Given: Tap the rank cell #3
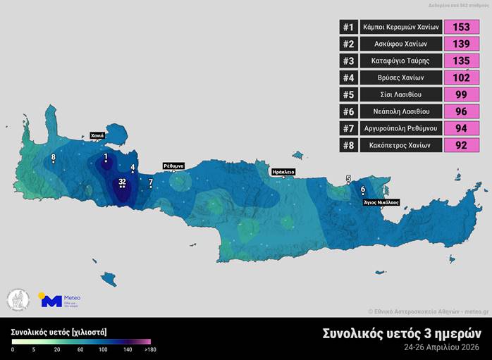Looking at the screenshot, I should (348, 61).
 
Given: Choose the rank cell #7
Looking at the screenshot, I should (348, 128).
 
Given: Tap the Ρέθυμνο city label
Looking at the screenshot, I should (173, 166).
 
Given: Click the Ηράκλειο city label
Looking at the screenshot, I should (283, 171).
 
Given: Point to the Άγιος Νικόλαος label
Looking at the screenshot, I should (381, 201).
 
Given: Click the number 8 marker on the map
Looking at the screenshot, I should (54, 157).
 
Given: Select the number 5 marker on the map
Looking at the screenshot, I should (348, 179).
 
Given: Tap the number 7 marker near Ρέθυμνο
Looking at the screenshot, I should (150, 182).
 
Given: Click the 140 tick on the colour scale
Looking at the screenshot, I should (128, 349).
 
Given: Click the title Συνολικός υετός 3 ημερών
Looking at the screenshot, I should (402, 333).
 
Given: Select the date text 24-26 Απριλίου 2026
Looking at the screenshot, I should (443, 347).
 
